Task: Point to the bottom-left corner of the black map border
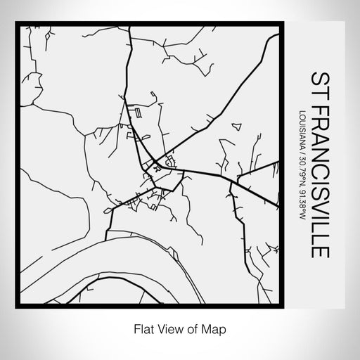pyautogui.click(x=20, y=304)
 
